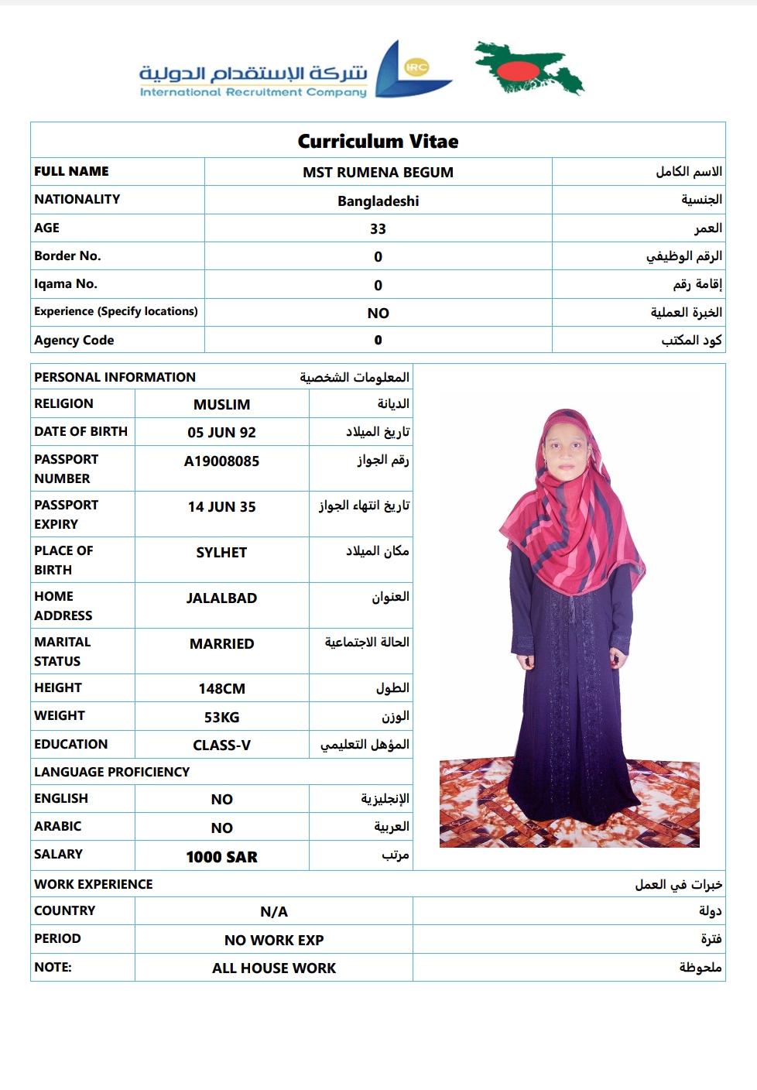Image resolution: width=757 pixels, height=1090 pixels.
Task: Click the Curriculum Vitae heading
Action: pyautogui.click(x=378, y=141)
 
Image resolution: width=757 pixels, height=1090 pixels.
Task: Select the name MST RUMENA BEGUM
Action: pyautogui.click(x=378, y=172)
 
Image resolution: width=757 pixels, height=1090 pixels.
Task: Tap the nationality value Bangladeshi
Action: pyautogui.click(x=378, y=201)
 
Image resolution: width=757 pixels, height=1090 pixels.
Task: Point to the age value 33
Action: pyautogui.click(x=378, y=228)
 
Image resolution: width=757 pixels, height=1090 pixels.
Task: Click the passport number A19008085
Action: pyautogui.click(x=221, y=461)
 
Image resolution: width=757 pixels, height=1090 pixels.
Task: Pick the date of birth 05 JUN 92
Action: pyautogui.click(x=221, y=432)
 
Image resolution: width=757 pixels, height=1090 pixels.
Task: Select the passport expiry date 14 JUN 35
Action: pyautogui.click(x=221, y=507)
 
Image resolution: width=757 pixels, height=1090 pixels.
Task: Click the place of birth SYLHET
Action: pyautogui.click(x=221, y=553)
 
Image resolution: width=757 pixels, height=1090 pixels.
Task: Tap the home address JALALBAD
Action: pyautogui.click(x=221, y=598)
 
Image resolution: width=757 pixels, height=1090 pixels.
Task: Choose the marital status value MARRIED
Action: pyautogui.click(x=221, y=643)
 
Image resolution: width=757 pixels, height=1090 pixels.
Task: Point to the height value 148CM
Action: pyautogui.click(x=221, y=688)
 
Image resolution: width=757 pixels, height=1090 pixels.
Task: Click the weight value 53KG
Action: pyautogui.click(x=221, y=717)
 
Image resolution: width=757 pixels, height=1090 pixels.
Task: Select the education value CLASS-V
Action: pyautogui.click(x=221, y=745)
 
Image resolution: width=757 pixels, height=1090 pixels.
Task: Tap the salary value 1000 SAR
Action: pyautogui.click(x=221, y=857)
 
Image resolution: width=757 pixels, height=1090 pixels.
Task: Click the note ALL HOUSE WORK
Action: pyautogui.click(x=274, y=968)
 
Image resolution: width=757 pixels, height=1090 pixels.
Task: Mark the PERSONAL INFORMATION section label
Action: pyautogui.click(x=115, y=377)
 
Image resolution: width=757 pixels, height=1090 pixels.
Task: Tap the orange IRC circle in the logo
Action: pyautogui.click(x=416, y=67)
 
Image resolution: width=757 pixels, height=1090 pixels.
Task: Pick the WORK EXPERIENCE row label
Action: pyautogui.click(x=93, y=884)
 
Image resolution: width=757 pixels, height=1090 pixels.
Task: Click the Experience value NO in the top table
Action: pyautogui.click(x=378, y=313)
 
